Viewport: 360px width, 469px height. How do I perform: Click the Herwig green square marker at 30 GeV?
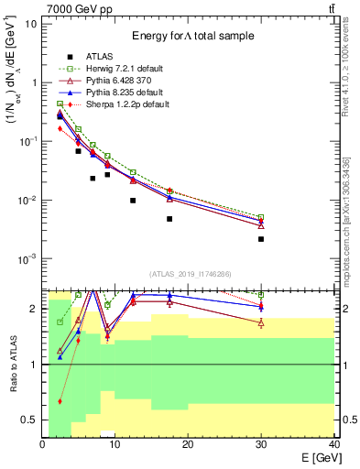261,217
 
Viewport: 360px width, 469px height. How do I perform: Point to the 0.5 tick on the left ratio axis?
32,420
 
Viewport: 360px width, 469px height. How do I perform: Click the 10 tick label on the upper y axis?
30,23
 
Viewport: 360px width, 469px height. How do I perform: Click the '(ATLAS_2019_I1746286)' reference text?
190,273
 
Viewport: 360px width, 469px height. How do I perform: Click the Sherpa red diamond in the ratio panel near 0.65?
60,401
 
